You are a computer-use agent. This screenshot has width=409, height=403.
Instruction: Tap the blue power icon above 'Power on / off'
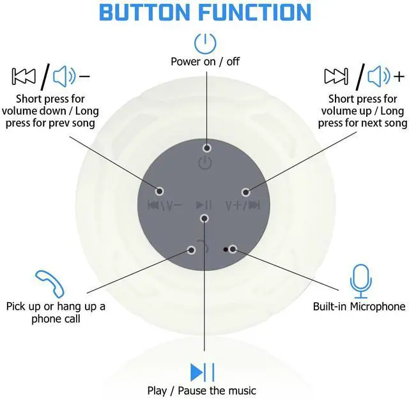tap(204, 43)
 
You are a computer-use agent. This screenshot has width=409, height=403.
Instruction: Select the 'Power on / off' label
tap(204, 62)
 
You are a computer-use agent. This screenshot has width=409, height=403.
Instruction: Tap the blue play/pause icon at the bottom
tap(202, 372)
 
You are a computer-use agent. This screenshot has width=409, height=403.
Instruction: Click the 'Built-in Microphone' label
tap(359, 307)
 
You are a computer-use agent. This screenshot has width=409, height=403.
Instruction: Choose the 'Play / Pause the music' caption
tap(202, 390)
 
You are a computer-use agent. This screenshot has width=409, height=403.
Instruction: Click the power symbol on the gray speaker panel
tap(204, 164)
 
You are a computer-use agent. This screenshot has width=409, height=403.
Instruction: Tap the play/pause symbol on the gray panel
tap(204, 205)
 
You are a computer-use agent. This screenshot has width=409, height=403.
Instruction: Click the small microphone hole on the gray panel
tap(225, 248)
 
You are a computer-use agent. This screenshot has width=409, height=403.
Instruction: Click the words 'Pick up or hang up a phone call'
tap(56, 312)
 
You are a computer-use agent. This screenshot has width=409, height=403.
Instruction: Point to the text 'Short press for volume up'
tap(362, 105)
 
